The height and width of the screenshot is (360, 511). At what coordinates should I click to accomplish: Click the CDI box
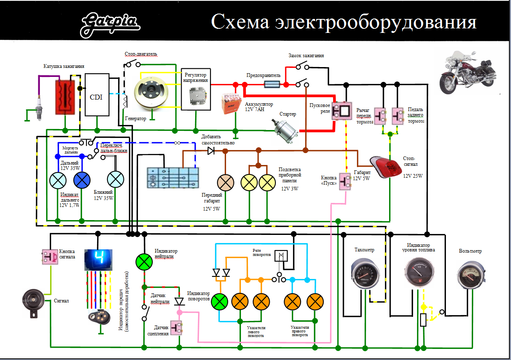(x=97, y=95)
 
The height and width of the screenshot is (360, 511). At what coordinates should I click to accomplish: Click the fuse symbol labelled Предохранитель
(x=272, y=84)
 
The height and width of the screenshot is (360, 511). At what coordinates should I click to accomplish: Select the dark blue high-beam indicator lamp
(x=82, y=180)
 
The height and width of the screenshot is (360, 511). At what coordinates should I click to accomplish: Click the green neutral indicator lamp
(x=145, y=260)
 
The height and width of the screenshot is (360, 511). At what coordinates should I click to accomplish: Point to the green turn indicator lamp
(x=219, y=302)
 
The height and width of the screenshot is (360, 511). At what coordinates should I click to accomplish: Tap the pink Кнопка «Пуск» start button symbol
(x=345, y=181)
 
